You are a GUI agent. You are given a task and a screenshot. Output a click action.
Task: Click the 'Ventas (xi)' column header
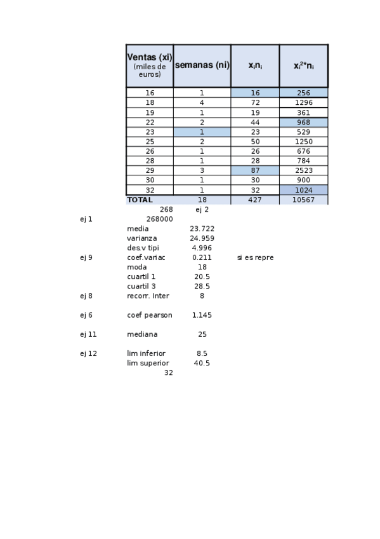pyautogui.click(x=150, y=65)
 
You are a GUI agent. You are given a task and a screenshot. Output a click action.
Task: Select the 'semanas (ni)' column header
pyautogui.click(x=202, y=65)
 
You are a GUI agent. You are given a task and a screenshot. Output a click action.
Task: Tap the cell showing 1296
pyautogui.click(x=303, y=102)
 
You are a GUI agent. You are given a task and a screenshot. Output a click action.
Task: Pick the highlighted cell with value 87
pyautogui.click(x=254, y=170)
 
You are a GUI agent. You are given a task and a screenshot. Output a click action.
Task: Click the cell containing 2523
pyautogui.click(x=303, y=170)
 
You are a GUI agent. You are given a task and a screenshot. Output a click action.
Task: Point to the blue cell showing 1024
pyautogui.click(x=303, y=190)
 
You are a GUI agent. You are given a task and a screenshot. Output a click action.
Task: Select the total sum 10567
pyautogui.click(x=303, y=200)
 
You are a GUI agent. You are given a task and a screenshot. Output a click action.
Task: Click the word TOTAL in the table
pyautogui.click(x=140, y=200)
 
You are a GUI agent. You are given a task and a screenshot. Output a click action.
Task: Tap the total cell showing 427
pyautogui.click(x=254, y=200)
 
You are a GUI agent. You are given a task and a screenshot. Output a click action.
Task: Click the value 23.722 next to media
pyautogui.click(x=202, y=229)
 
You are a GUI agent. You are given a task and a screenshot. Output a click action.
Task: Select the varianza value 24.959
pyautogui.click(x=202, y=238)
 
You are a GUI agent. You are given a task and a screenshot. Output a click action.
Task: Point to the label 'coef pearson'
pyautogui.click(x=150, y=315)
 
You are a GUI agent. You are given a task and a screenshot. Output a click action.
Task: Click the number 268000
pyautogui.click(x=159, y=219)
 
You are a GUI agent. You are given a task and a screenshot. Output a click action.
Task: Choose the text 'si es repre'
pyautogui.click(x=255, y=257)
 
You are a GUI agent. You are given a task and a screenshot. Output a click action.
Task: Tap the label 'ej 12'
pyautogui.click(x=88, y=353)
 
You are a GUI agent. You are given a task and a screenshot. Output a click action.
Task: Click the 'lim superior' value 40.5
pyautogui.click(x=202, y=364)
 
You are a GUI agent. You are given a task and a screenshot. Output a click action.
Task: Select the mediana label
pyautogui.click(x=142, y=334)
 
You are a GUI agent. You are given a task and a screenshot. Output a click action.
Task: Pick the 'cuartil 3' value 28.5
pyautogui.click(x=202, y=287)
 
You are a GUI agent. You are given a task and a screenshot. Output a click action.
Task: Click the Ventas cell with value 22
pyautogui.click(x=150, y=122)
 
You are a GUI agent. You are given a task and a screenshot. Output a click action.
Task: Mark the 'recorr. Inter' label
pyautogui.click(x=148, y=296)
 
